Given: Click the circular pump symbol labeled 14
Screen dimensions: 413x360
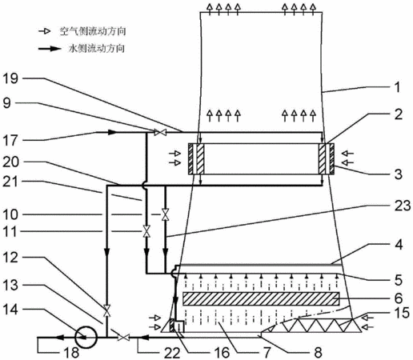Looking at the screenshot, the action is (x=86, y=338).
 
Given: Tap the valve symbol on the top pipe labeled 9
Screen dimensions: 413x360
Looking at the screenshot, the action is (x=161, y=132).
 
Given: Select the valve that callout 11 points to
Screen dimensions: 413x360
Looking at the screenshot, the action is (x=146, y=231).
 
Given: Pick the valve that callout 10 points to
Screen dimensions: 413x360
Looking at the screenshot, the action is (x=166, y=214).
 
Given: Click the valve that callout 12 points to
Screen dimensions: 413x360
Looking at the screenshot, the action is (x=107, y=310).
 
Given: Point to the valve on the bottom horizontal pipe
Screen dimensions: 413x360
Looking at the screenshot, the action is (x=124, y=338).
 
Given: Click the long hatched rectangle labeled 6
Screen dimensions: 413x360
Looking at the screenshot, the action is (x=261, y=298).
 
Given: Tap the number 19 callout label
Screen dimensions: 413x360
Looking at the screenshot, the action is (x=10, y=79).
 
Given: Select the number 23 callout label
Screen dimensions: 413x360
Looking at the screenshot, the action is (x=403, y=206).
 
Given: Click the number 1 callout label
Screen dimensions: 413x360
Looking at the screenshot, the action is (x=398, y=87).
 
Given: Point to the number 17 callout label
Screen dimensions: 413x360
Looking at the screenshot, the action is (x=10, y=141).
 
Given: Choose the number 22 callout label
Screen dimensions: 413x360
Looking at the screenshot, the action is (x=171, y=354).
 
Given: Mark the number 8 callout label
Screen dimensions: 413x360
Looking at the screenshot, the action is (x=318, y=353).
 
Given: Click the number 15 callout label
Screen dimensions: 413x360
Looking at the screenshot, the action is (x=403, y=313).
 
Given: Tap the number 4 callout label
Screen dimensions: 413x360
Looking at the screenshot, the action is (x=399, y=245).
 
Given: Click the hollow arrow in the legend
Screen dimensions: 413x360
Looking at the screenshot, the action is (x=44, y=31).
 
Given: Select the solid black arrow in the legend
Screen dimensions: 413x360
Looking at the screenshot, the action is (x=50, y=49).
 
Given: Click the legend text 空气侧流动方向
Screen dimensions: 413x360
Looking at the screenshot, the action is (x=93, y=31).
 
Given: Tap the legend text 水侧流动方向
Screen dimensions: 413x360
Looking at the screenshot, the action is (x=97, y=49).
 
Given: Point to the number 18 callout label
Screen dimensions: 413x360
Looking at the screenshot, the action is (x=71, y=353).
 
